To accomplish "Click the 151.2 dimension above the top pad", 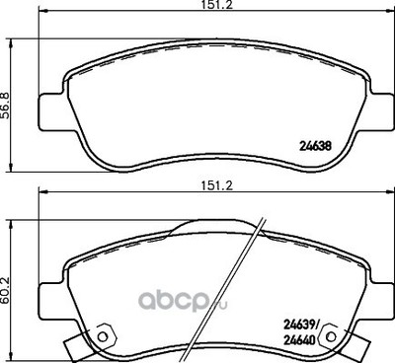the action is [216, 5].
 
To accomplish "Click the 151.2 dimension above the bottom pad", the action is [216, 185].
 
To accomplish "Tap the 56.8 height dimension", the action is [6, 106].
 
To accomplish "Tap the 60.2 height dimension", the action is [6, 291].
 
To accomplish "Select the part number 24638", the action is [315, 146].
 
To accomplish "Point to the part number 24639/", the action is [301, 326].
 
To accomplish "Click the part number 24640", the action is [299, 340].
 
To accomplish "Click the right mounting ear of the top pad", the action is [380, 111].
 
